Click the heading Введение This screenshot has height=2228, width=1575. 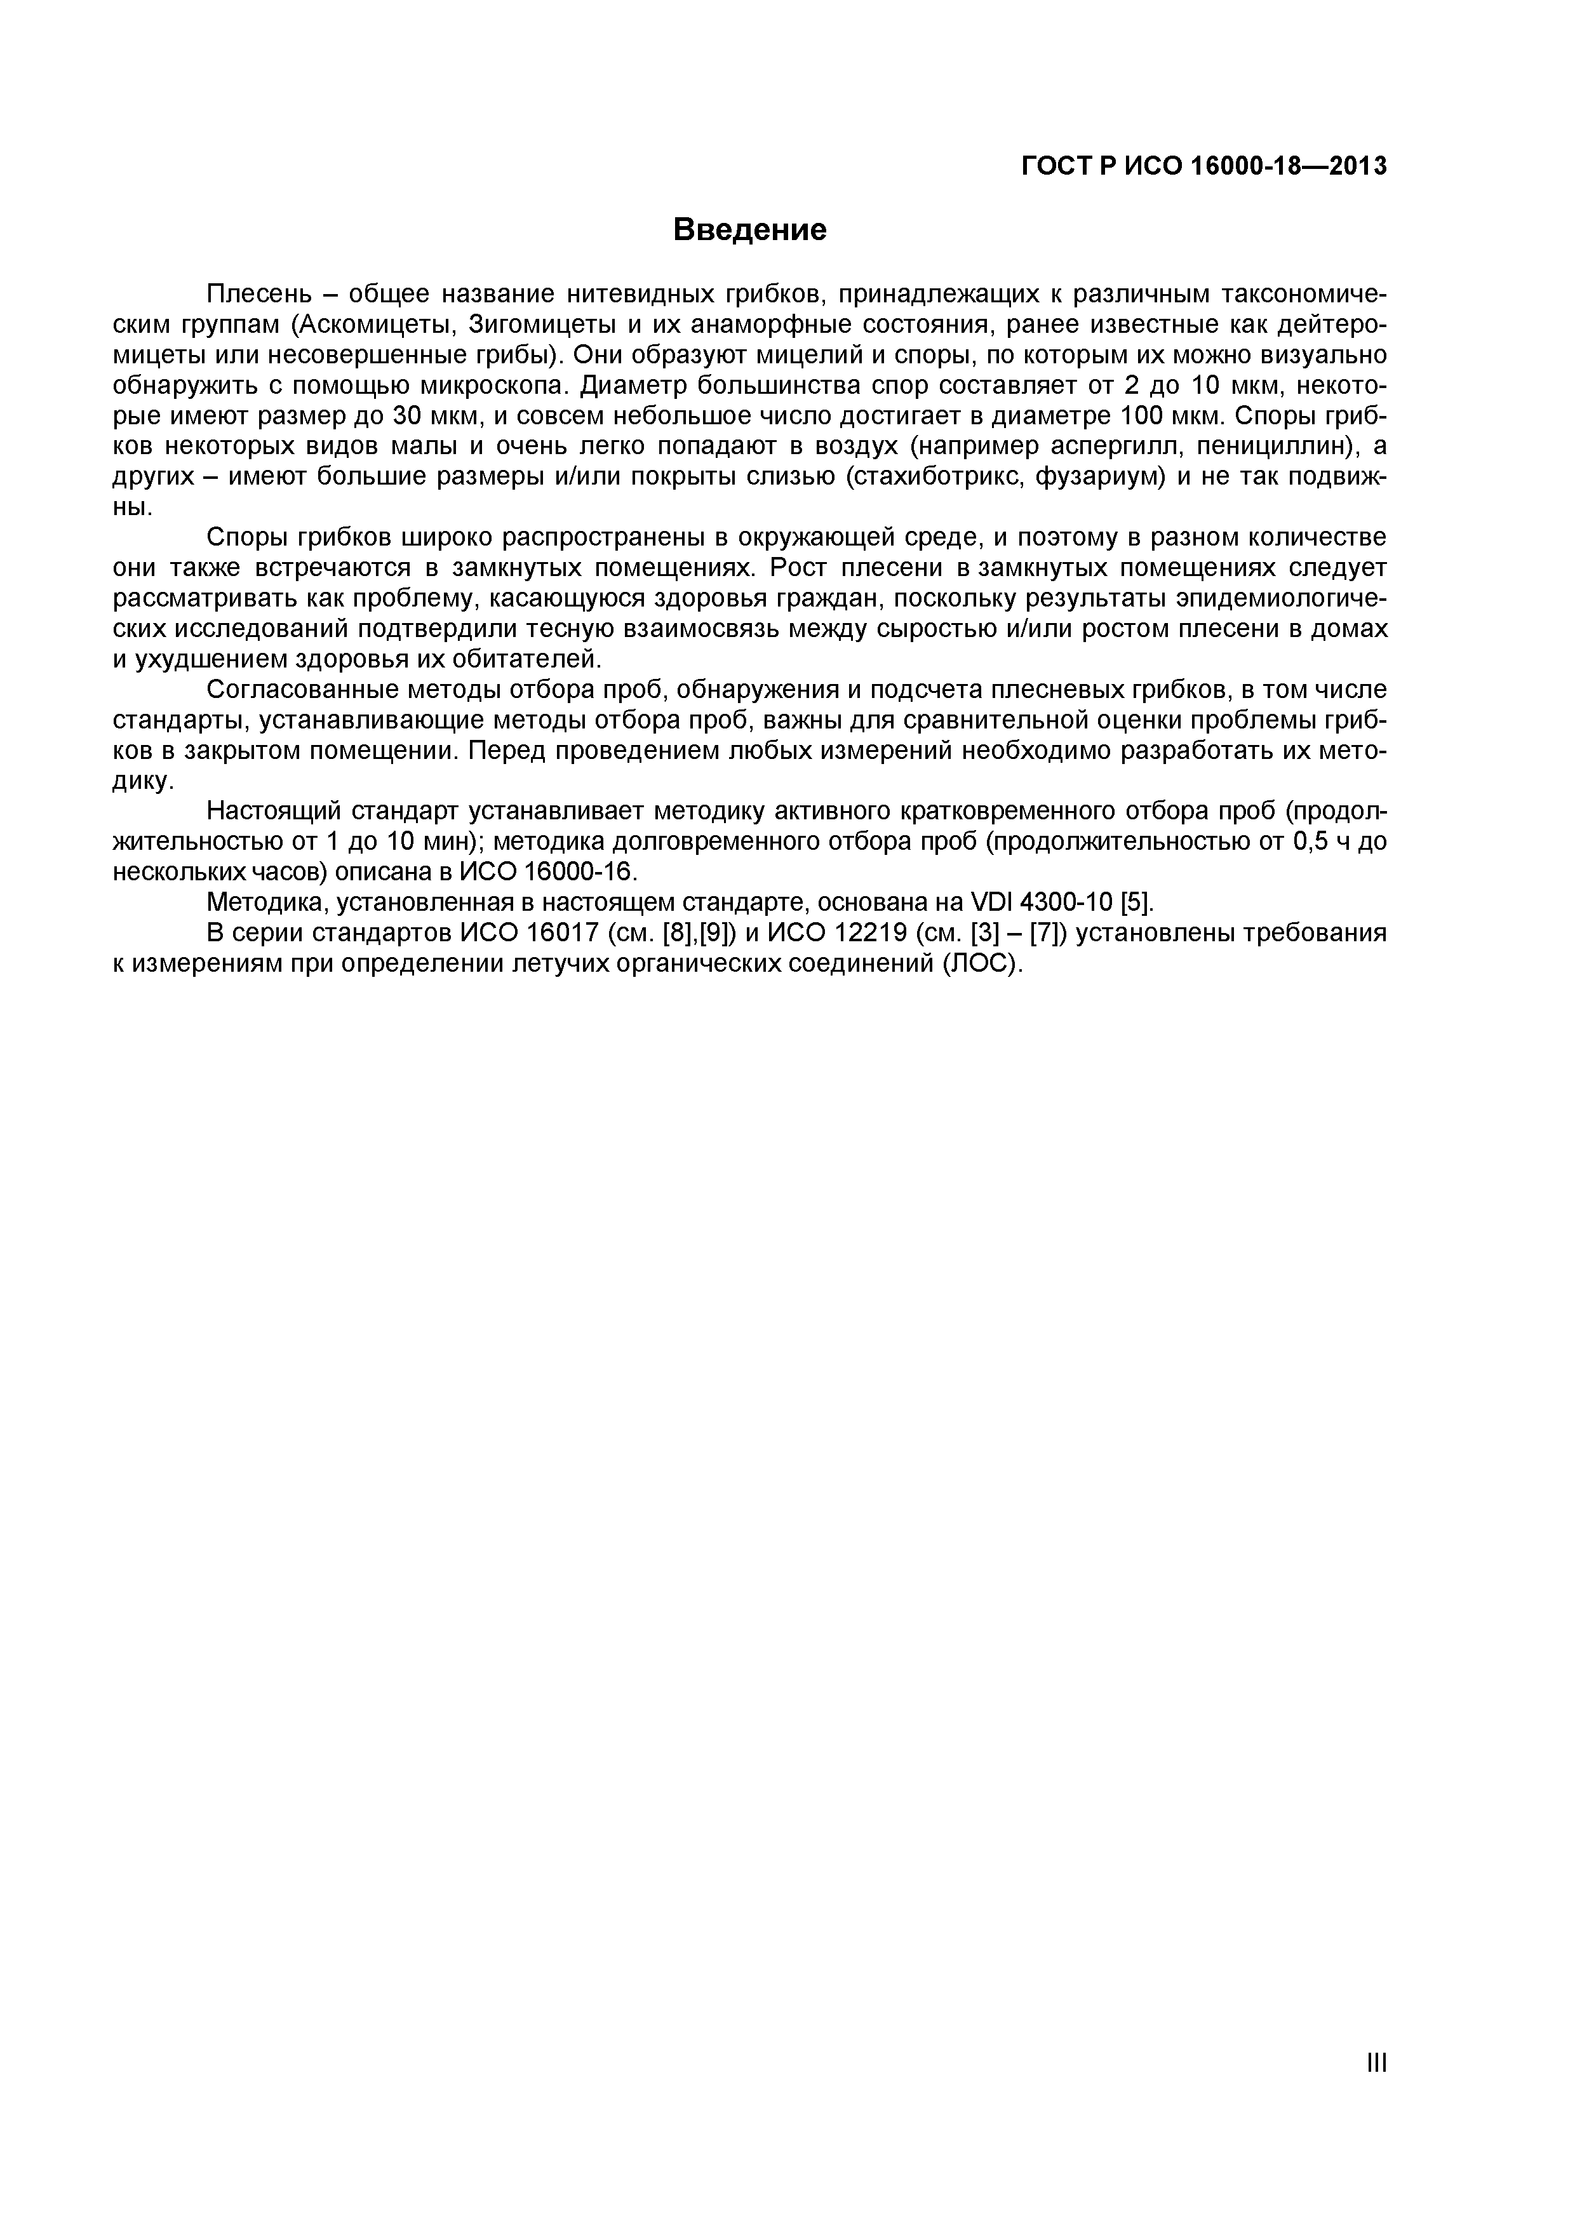pyautogui.click(x=749, y=230)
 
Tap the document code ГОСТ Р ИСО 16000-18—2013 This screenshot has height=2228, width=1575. pyautogui.click(x=1204, y=167)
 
